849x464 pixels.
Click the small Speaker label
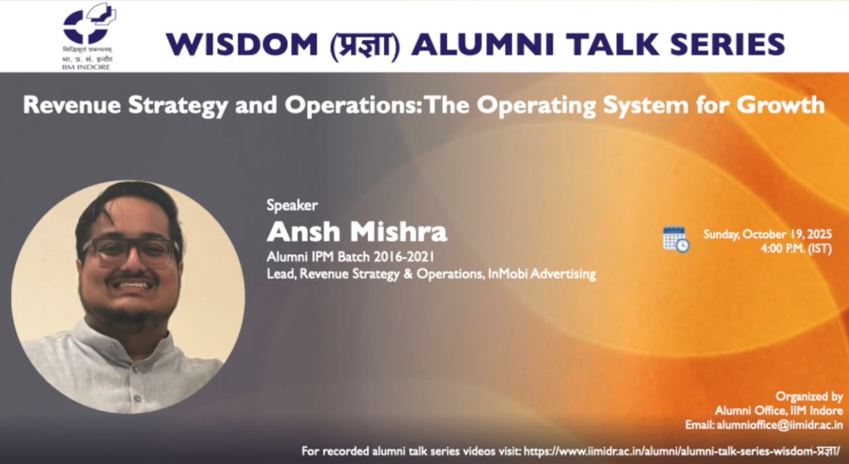[x=292, y=205]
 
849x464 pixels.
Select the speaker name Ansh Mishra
[x=357, y=232]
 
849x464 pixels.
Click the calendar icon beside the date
[x=676, y=239]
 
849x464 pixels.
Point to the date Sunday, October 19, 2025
[x=767, y=234]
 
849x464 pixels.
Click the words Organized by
[x=809, y=397]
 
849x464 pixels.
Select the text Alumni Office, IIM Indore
[x=779, y=411]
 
